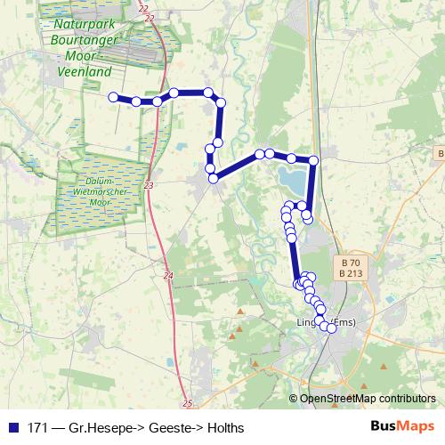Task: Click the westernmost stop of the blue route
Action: pyautogui.click(x=113, y=97)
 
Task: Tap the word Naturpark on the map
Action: pyautogui.click(x=82, y=25)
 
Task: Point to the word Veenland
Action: pyautogui.click(x=83, y=71)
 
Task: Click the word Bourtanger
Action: pyautogui.click(x=83, y=41)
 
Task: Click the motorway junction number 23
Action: pyautogui.click(x=148, y=185)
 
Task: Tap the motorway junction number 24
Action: pyautogui.click(x=169, y=277)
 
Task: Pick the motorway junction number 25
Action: pyautogui.click(x=188, y=404)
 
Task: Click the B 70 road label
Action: pyautogui.click(x=351, y=263)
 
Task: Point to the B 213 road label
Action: pyautogui.click(x=351, y=273)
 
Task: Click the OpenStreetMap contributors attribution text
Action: pyautogui.click(x=368, y=399)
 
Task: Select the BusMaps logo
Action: pyautogui.click(x=402, y=427)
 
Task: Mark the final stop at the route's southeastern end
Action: pyautogui.click(x=331, y=328)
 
